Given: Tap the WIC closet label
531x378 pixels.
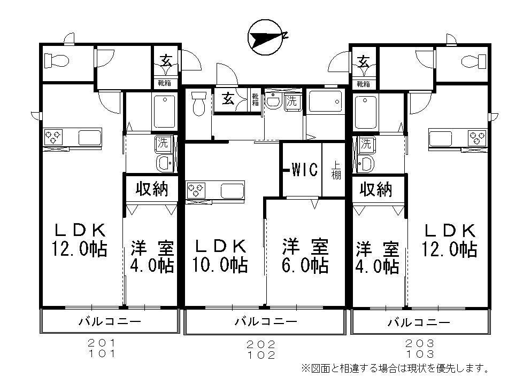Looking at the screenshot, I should coord(304,170).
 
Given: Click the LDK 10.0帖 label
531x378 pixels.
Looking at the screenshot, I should coord(220,256).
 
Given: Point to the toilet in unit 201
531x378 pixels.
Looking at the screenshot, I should coord(56,61).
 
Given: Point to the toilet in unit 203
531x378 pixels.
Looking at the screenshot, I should coord(472,60).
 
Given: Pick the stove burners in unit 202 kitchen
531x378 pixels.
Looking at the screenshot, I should coord(195,190).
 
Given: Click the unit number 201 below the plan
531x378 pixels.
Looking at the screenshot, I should coord(102,343).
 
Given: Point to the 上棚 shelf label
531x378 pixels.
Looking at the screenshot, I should coord(335,170).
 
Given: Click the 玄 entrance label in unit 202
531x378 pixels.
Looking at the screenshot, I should coord(228,99).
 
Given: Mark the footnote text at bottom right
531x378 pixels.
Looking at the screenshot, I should coord(396,368).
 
